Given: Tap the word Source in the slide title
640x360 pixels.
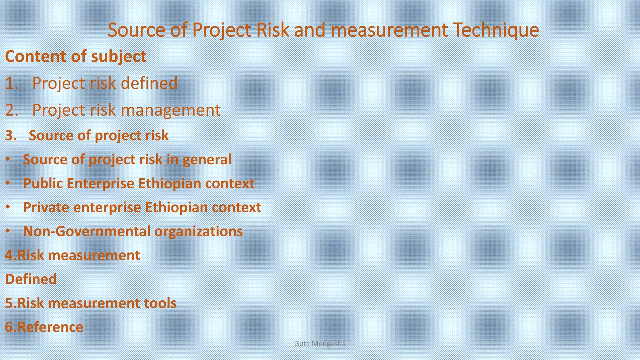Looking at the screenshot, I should (x=136, y=30).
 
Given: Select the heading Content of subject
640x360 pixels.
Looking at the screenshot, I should (x=76, y=57).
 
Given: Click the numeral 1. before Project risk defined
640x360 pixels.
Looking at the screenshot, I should (x=12, y=83).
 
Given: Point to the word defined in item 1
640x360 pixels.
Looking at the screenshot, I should (x=149, y=83).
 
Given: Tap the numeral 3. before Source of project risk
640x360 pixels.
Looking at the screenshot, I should (x=11, y=136).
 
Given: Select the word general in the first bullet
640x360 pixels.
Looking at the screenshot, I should (x=207, y=159).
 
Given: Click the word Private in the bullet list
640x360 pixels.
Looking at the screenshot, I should (x=46, y=207).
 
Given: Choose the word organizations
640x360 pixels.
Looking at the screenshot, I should (x=198, y=232).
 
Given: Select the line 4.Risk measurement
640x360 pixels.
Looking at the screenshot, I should (x=72, y=255).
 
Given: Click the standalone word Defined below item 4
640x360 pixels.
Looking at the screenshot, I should (x=31, y=279).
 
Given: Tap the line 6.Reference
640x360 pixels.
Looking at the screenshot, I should (x=44, y=327).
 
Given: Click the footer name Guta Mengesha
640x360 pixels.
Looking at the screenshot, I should (x=320, y=344).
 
